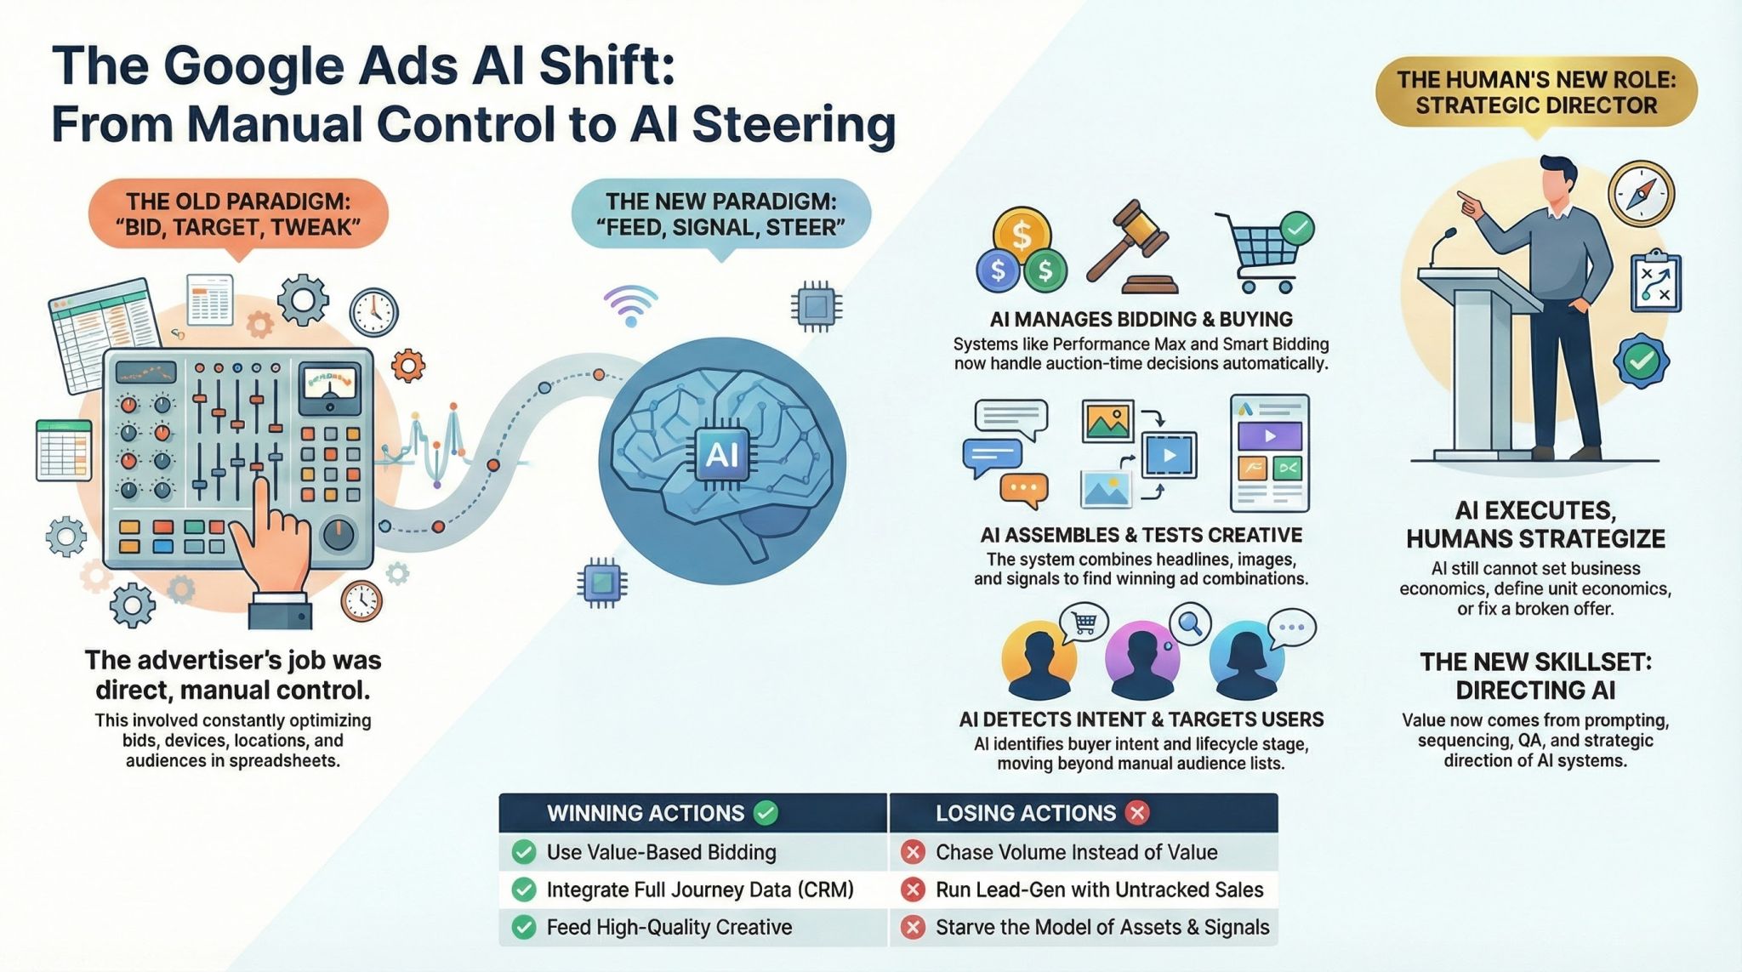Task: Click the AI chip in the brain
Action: (722, 454)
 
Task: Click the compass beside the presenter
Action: (1641, 193)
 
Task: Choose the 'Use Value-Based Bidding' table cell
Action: (693, 852)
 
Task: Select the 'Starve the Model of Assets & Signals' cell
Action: (1084, 927)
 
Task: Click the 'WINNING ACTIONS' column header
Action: (693, 813)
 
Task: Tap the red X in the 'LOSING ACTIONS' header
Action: (1136, 813)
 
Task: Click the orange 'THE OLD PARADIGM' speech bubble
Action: (238, 214)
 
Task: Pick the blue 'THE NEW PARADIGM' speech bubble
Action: (720, 214)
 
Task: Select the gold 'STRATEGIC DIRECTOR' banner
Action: (1535, 93)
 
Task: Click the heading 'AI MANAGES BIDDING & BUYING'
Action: (1141, 319)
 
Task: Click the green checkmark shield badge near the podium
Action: (1641, 361)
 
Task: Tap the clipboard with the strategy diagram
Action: (1655, 281)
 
